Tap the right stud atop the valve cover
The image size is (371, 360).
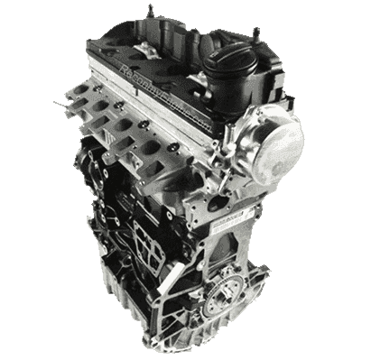click(258, 32)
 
